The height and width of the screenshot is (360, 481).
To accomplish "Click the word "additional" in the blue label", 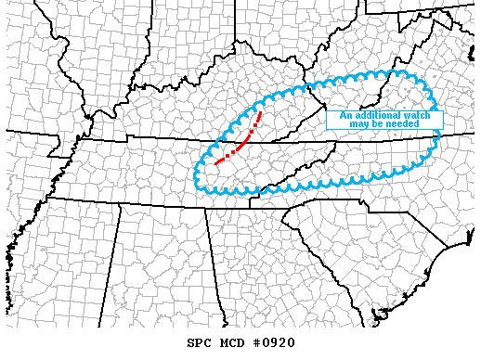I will [x=377, y=115].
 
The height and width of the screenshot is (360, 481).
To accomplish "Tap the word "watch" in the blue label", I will [x=417, y=115].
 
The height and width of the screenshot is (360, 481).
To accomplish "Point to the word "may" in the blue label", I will [x=362, y=123].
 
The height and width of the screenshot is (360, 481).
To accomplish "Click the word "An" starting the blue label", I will [x=346, y=115].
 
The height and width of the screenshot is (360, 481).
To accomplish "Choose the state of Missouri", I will [x=37, y=93].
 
